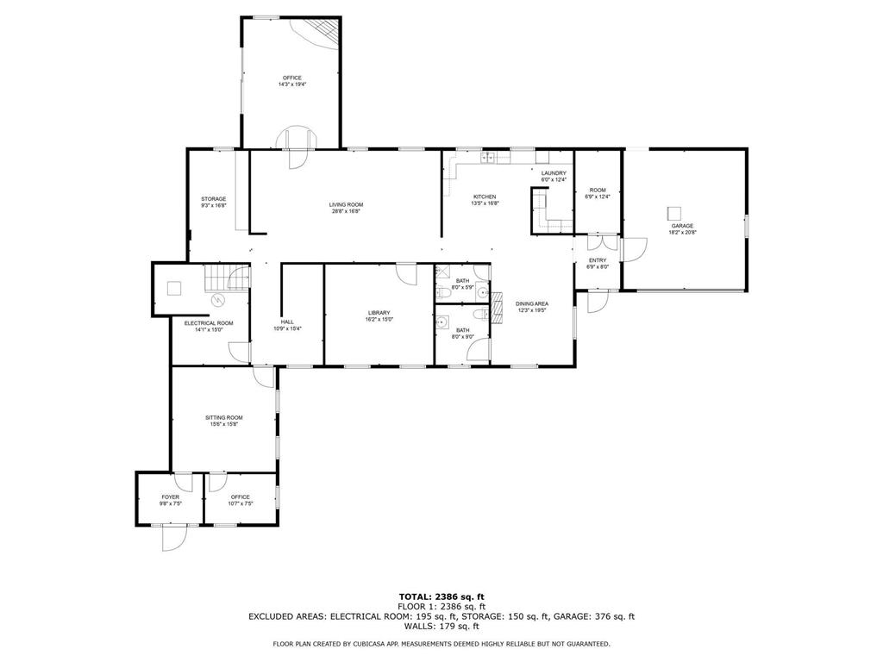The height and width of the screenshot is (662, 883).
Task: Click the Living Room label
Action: [x=345, y=204]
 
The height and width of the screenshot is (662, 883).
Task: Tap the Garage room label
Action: [x=681, y=226]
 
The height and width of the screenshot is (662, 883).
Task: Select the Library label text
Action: [x=379, y=313]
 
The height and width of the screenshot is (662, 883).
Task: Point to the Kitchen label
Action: [x=484, y=197]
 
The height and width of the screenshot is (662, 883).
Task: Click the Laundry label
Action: [x=554, y=173]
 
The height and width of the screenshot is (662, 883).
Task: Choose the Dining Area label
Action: [x=532, y=303]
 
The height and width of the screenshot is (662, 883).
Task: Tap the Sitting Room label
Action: [x=224, y=417]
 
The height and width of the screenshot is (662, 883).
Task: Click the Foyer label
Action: [x=171, y=497]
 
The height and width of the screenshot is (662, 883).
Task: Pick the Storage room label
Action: [x=214, y=199]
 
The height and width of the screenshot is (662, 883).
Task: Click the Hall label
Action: [x=287, y=322]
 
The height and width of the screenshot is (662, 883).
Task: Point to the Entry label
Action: [x=598, y=260]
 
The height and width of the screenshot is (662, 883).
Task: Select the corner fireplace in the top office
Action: [x=318, y=34]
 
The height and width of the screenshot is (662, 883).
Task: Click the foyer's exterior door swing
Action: [x=173, y=537]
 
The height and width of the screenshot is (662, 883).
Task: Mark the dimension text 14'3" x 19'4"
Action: [x=291, y=84]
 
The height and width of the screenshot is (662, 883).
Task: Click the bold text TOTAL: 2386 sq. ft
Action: [x=441, y=596]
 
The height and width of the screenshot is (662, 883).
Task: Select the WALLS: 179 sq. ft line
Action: [x=441, y=626]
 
